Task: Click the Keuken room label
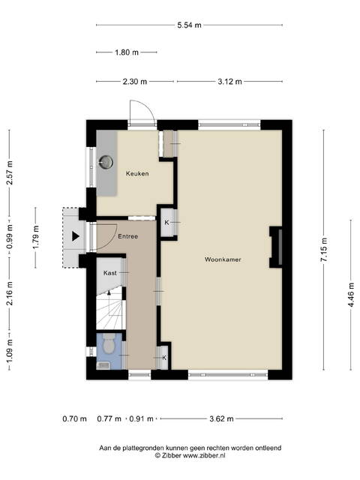[137, 173]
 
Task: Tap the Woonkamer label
[223, 259]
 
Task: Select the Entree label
[128, 236]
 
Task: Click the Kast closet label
[110, 273]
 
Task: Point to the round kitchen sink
[106, 162]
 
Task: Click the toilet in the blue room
[108, 343]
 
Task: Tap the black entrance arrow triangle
[76, 236]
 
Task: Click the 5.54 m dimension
[190, 25]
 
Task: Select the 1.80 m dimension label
[127, 52]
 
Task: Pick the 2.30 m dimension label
[135, 82]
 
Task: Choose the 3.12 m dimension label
[229, 82]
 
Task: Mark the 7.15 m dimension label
[324, 250]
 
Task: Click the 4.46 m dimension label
[351, 295]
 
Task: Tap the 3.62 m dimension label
[221, 418]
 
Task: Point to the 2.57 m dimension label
[10, 172]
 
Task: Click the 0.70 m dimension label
[75, 418]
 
